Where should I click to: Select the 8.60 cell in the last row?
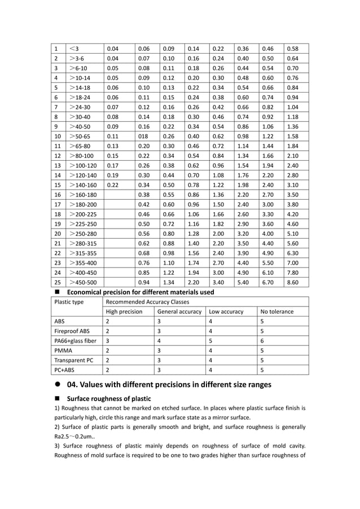(293, 282)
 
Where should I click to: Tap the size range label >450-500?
(83, 282)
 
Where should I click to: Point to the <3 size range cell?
(74, 49)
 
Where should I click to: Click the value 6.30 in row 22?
(293, 253)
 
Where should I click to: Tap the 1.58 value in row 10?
(293, 137)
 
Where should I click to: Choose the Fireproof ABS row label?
(72, 331)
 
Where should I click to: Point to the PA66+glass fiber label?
(75, 341)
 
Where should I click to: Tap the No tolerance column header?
(276, 311)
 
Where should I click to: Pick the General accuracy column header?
(179, 311)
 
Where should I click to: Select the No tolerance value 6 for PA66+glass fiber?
(262, 341)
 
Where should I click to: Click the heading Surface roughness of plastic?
(109, 399)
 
